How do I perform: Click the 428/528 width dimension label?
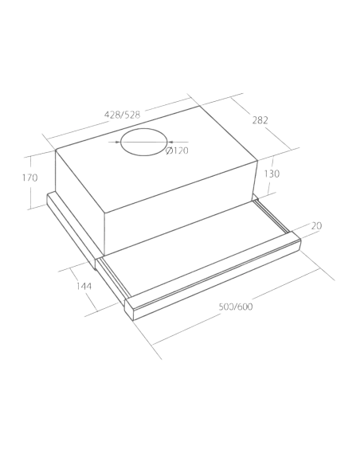click(122, 115)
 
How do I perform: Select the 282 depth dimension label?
click(260, 120)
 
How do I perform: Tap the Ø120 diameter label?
click(177, 150)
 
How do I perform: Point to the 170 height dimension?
click(30, 178)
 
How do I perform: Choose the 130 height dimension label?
click(272, 174)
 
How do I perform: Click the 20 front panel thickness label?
click(316, 226)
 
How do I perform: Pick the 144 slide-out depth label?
click(84, 286)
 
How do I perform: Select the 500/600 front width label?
click(236, 307)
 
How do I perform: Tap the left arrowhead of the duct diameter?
click(118, 142)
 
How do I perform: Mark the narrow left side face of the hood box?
click(80, 196)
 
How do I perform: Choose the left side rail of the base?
click(71, 229)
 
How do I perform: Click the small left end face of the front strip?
click(129, 309)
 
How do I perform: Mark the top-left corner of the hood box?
click(56, 150)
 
